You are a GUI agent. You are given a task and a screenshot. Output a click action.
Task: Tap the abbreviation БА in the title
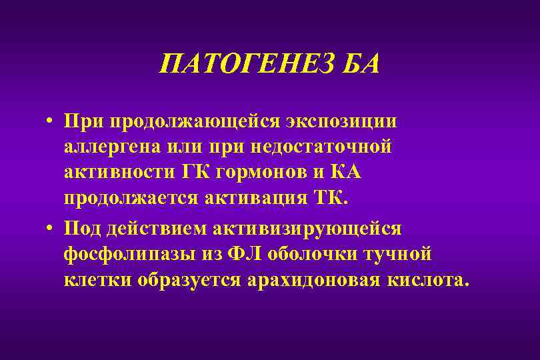click(358, 65)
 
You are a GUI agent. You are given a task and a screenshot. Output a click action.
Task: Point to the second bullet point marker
click(50, 229)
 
